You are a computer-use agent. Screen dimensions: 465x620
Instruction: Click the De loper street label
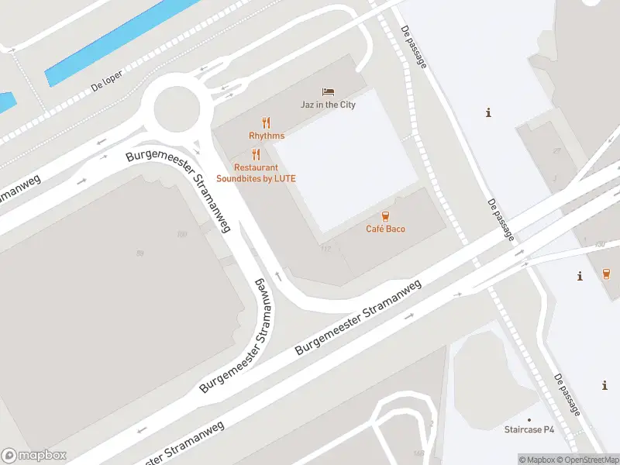point(107,83)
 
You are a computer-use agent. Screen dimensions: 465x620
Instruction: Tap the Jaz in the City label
point(328,105)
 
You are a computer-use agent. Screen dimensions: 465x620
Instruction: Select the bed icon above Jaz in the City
point(328,91)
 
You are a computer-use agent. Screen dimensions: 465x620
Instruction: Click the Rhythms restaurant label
point(267,136)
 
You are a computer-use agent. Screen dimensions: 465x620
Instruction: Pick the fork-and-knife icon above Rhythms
point(267,122)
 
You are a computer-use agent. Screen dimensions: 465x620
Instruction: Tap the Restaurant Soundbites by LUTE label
point(256,173)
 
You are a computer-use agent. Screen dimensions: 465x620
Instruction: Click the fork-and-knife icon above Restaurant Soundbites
point(256,154)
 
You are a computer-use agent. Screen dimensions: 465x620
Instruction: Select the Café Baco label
point(385,229)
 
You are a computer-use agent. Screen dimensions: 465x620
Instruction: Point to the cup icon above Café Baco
point(385,215)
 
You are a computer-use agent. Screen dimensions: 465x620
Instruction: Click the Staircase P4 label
point(530,429)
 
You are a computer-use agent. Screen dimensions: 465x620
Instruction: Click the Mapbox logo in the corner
point(34,456)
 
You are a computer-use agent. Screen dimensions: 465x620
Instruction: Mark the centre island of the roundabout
point(177,108)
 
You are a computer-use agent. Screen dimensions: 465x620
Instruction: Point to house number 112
point(325,248)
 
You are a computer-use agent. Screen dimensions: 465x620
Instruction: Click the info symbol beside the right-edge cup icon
point(580,276)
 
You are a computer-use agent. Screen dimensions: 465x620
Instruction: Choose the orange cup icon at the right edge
point(606,273)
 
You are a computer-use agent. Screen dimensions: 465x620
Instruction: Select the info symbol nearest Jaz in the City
point(488,113)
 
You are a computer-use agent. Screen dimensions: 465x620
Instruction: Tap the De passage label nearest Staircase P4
point(567,394)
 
